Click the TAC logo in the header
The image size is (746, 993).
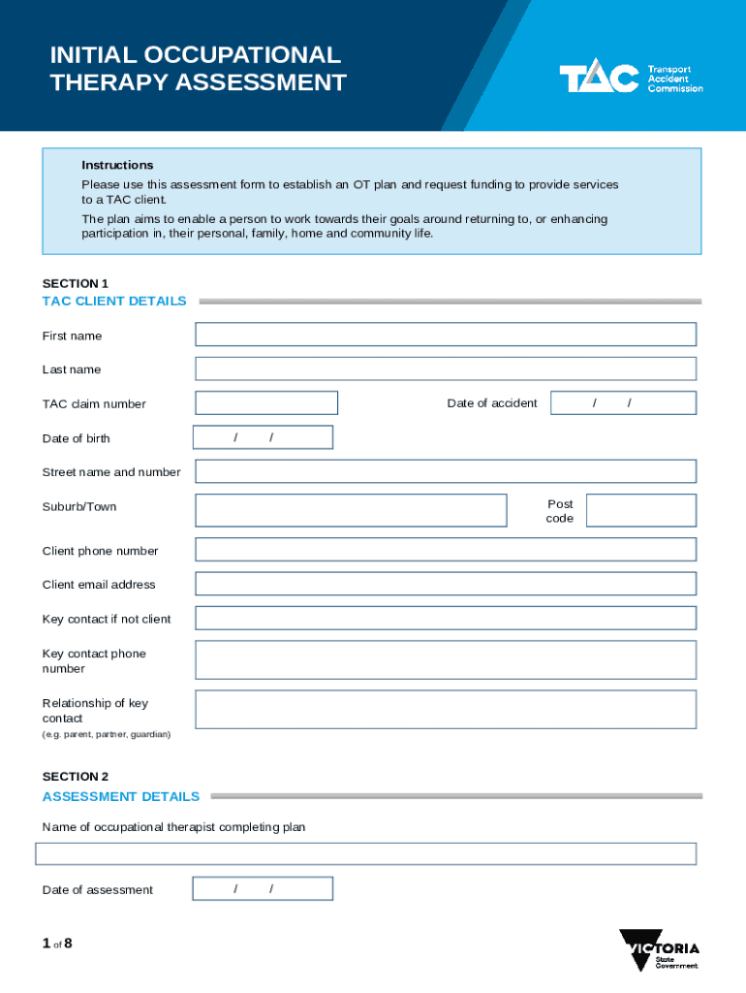(630, 79)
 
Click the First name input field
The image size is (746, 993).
(446, 335)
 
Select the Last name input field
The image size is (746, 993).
(446, 368)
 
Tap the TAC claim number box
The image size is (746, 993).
(266, 403)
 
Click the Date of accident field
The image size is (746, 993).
(623, 403)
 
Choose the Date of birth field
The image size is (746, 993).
(263, 437)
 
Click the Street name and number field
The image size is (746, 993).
(446, 471)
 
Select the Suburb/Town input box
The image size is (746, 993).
(351, 510)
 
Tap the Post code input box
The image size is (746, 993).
(640, 510)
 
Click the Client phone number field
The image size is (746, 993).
(446, 550)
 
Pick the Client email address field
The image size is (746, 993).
(446, 584)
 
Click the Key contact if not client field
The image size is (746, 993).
(446, 618)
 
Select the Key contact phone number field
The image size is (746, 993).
(446, 659)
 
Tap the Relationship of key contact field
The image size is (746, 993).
(446, 709)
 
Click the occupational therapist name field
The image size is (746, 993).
(366, 853)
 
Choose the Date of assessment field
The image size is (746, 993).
(263, 888)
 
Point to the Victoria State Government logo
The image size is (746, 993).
(659, 950)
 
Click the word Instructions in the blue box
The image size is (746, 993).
(117, 165)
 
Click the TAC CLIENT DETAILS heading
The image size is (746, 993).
(114, 301)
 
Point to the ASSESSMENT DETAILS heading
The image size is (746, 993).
(121, 796)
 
